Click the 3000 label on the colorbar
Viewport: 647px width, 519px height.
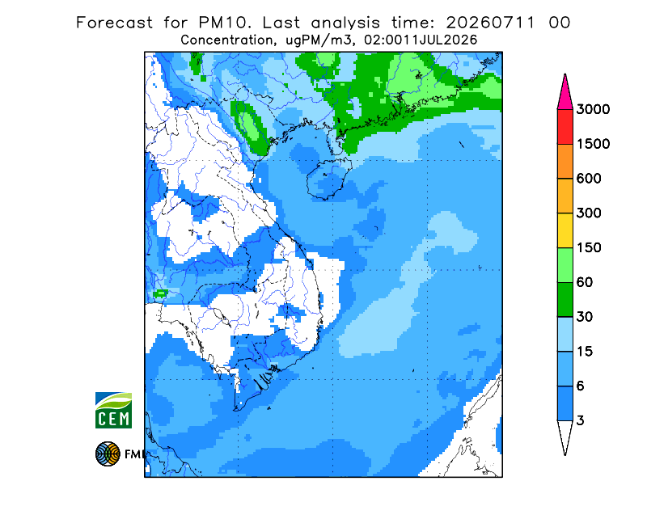point(593,109)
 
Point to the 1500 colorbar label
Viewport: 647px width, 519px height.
point(593,144)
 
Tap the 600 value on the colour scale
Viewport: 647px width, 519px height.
point(589,179)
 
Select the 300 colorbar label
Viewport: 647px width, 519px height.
point(589,213)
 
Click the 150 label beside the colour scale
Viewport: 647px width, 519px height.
point(589,248)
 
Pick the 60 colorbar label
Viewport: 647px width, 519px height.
point(585,283)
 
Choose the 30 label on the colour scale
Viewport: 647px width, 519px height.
point(585,317)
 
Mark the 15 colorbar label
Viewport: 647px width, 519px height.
point(585,352)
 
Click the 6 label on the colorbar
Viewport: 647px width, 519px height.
point(581,386)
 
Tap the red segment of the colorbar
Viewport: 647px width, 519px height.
point(565,127)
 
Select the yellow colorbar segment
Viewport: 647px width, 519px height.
point(565,230)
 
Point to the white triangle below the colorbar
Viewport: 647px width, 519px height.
point(565,434)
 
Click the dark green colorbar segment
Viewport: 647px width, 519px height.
point(565,300)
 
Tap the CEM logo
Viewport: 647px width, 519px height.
point(113,410)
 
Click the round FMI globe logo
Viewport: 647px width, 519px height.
point(108,454)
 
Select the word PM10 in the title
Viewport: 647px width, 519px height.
point(225,23)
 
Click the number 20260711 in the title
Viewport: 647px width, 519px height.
point(491,23)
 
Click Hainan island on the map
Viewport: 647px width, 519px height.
point(329,179)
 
